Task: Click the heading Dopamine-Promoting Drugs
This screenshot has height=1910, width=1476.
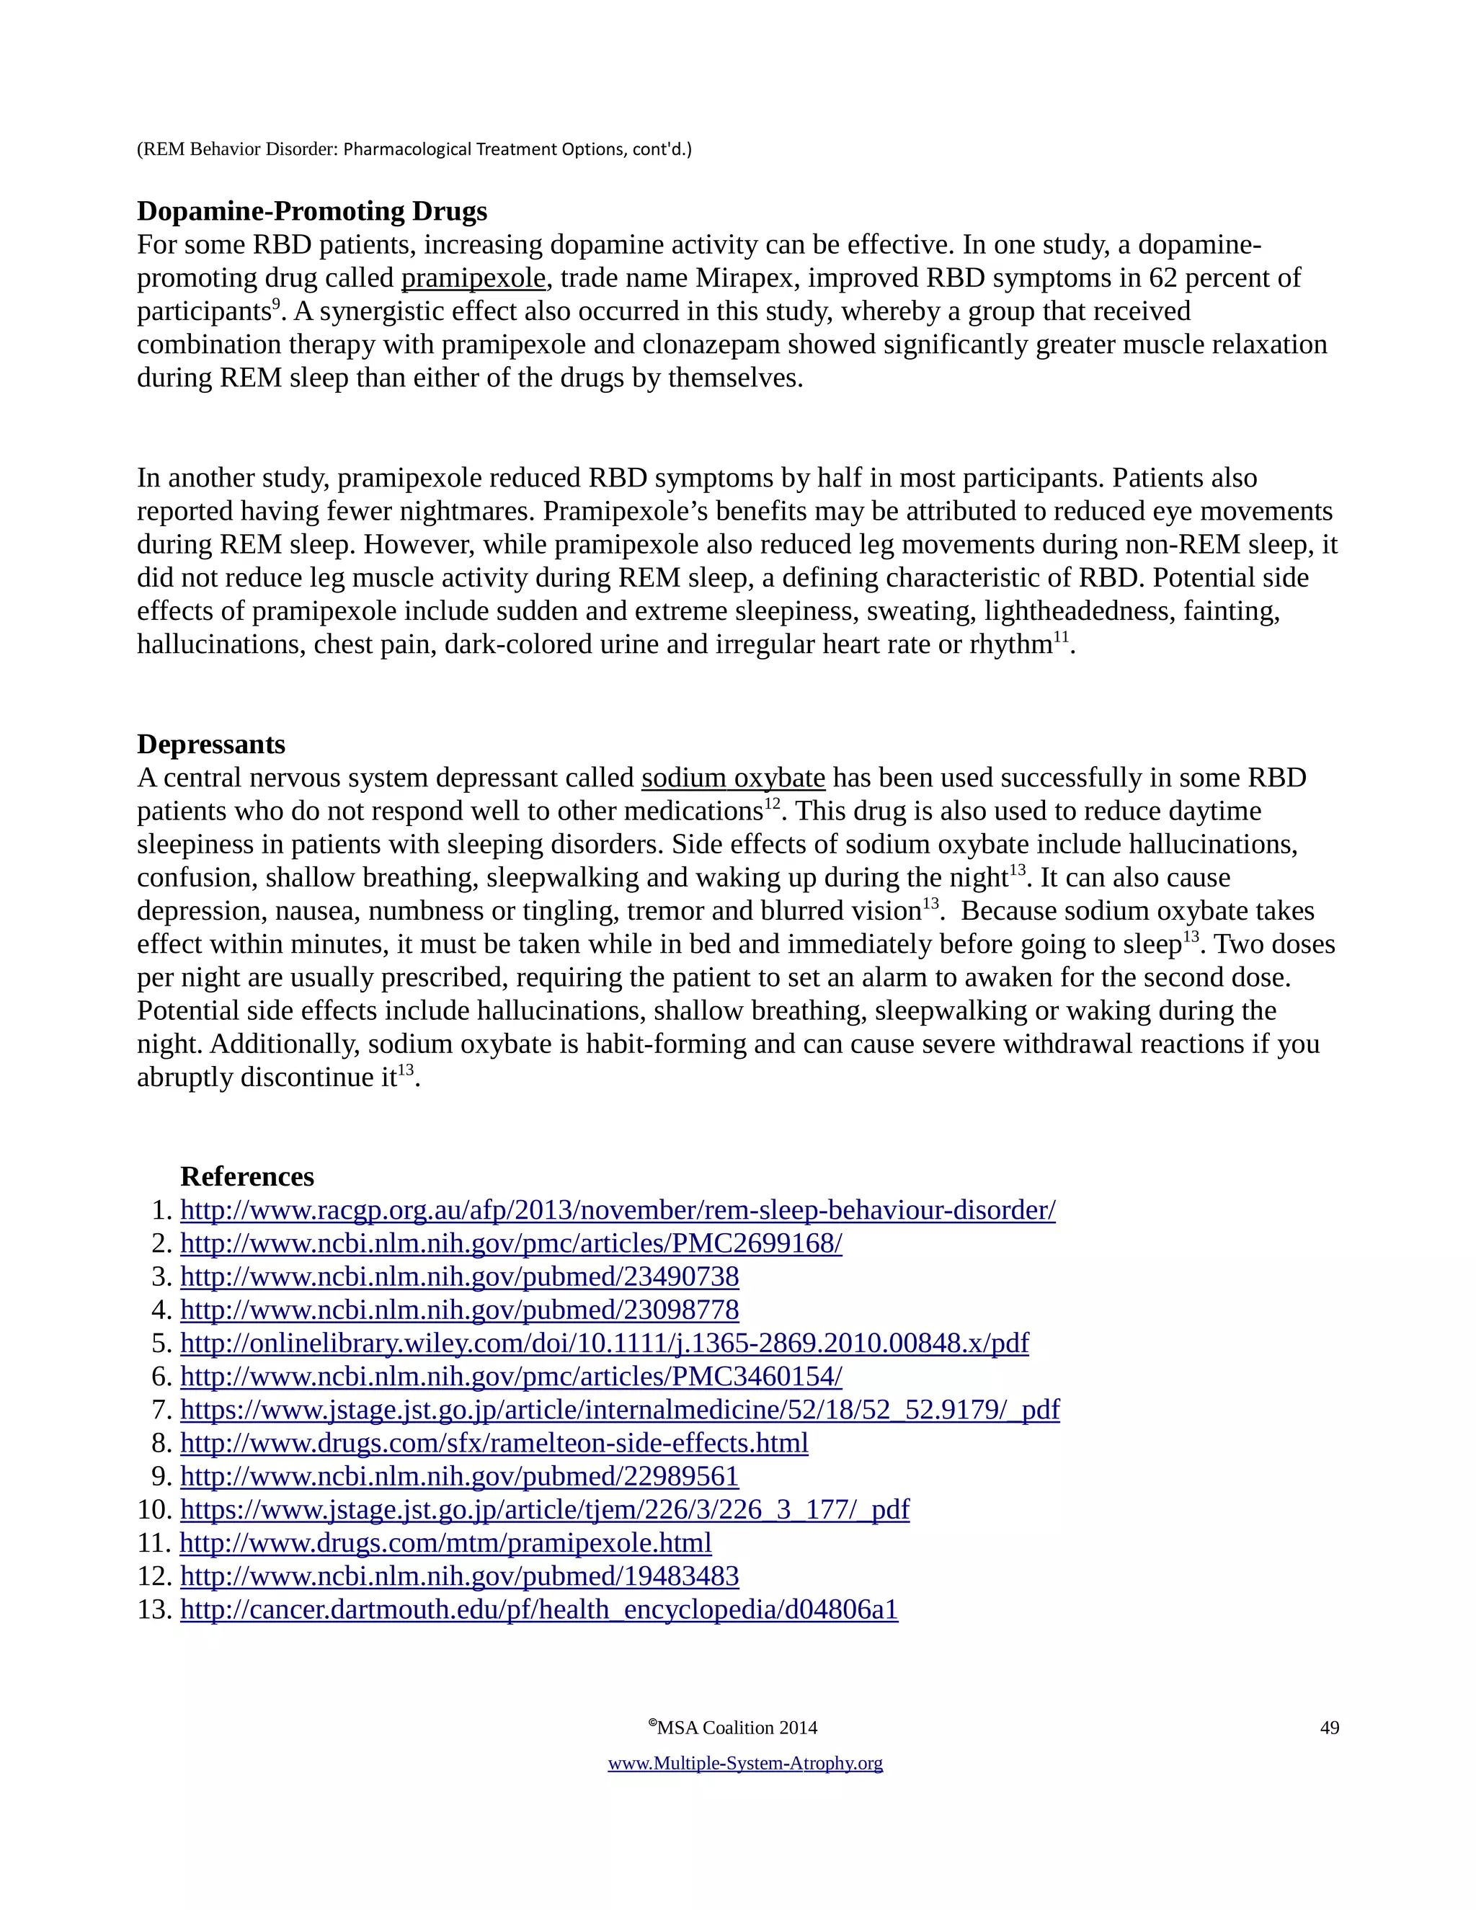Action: pyautogui.click(x=312, y=212)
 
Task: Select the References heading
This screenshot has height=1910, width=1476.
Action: pyautogui.click(x=246, y=1176)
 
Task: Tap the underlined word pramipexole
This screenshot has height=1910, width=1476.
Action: pyautogui.click(x=473, y=278)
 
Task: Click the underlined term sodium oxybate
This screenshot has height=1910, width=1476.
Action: pyautogui.click(x=733, y=778)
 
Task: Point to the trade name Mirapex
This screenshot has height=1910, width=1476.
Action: pyautogui.click(x=744, y=278)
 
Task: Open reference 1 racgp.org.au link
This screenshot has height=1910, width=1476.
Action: pyautogui.click(x=618, y=1210)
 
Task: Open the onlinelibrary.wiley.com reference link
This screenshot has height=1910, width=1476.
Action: pyautogui.click(x=604, y=1343)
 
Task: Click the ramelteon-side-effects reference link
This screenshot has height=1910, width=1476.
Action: pyautogui.click(x=494, y=1443)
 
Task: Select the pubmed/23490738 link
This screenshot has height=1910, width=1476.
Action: pyautogui.click(x=459, y=1277)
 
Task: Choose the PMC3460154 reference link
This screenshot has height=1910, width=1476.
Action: pyautogui.click(x=511, y=1377)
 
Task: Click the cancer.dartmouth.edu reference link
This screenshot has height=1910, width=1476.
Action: pyautogui.click(x=538, y=1609)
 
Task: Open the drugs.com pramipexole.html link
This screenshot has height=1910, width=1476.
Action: pyautogui.click(x=445, y=1542)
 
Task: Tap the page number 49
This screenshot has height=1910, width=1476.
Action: pyautogui.click(x=1329, y=1728)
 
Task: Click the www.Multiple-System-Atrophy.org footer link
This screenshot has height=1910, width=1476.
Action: pyautogui.click(x=745, y=1763)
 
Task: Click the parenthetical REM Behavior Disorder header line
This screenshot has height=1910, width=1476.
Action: pyautogui.click(x=414, y=149)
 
